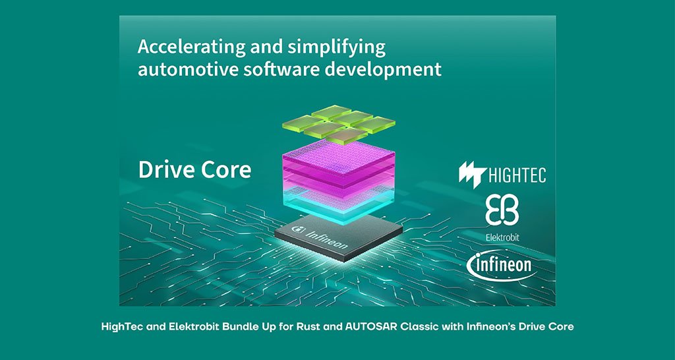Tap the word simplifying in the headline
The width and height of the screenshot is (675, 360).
pos(336,47)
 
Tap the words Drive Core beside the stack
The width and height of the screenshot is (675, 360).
pos(194,169)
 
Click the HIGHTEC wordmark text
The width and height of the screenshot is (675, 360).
pos(517,175)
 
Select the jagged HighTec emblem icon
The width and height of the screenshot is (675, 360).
pos(473,175)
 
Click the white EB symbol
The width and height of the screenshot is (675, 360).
pos(502,210)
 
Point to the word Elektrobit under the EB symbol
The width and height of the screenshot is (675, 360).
pos(502,237)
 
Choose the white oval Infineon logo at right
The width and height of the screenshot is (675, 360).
pos(502,265)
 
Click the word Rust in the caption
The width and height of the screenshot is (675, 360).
pos(307,326)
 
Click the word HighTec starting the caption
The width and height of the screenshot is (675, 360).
pos(118,327)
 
